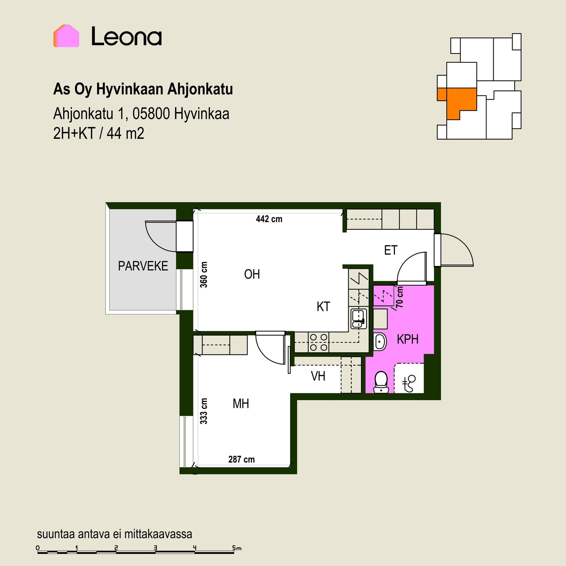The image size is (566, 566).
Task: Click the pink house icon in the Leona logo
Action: coord(66,36)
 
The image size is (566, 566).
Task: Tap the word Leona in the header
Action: coord(126,36)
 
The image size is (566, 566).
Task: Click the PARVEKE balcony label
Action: coord(143,266)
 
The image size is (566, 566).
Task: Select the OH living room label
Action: coord(252,274)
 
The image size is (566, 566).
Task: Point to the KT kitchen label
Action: coord(323,307)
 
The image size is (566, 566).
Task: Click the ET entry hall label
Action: coord(391,250)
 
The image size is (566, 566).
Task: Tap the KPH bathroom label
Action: coord(408,339)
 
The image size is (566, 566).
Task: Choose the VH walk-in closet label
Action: coord(318,376)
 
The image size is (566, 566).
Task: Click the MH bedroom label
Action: coord(241,404)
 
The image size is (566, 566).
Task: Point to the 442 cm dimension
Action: coord(269,219)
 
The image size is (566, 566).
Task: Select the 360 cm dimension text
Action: coord(204,274)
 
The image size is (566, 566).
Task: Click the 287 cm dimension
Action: coord(241,459)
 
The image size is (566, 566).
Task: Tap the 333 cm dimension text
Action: coord(204,411)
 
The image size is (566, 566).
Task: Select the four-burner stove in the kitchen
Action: coord(319,342)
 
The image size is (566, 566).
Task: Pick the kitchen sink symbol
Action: coord(358,319)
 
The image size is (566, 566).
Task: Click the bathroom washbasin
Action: coord(380,342)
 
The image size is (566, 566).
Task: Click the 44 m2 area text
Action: coord(125,134)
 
